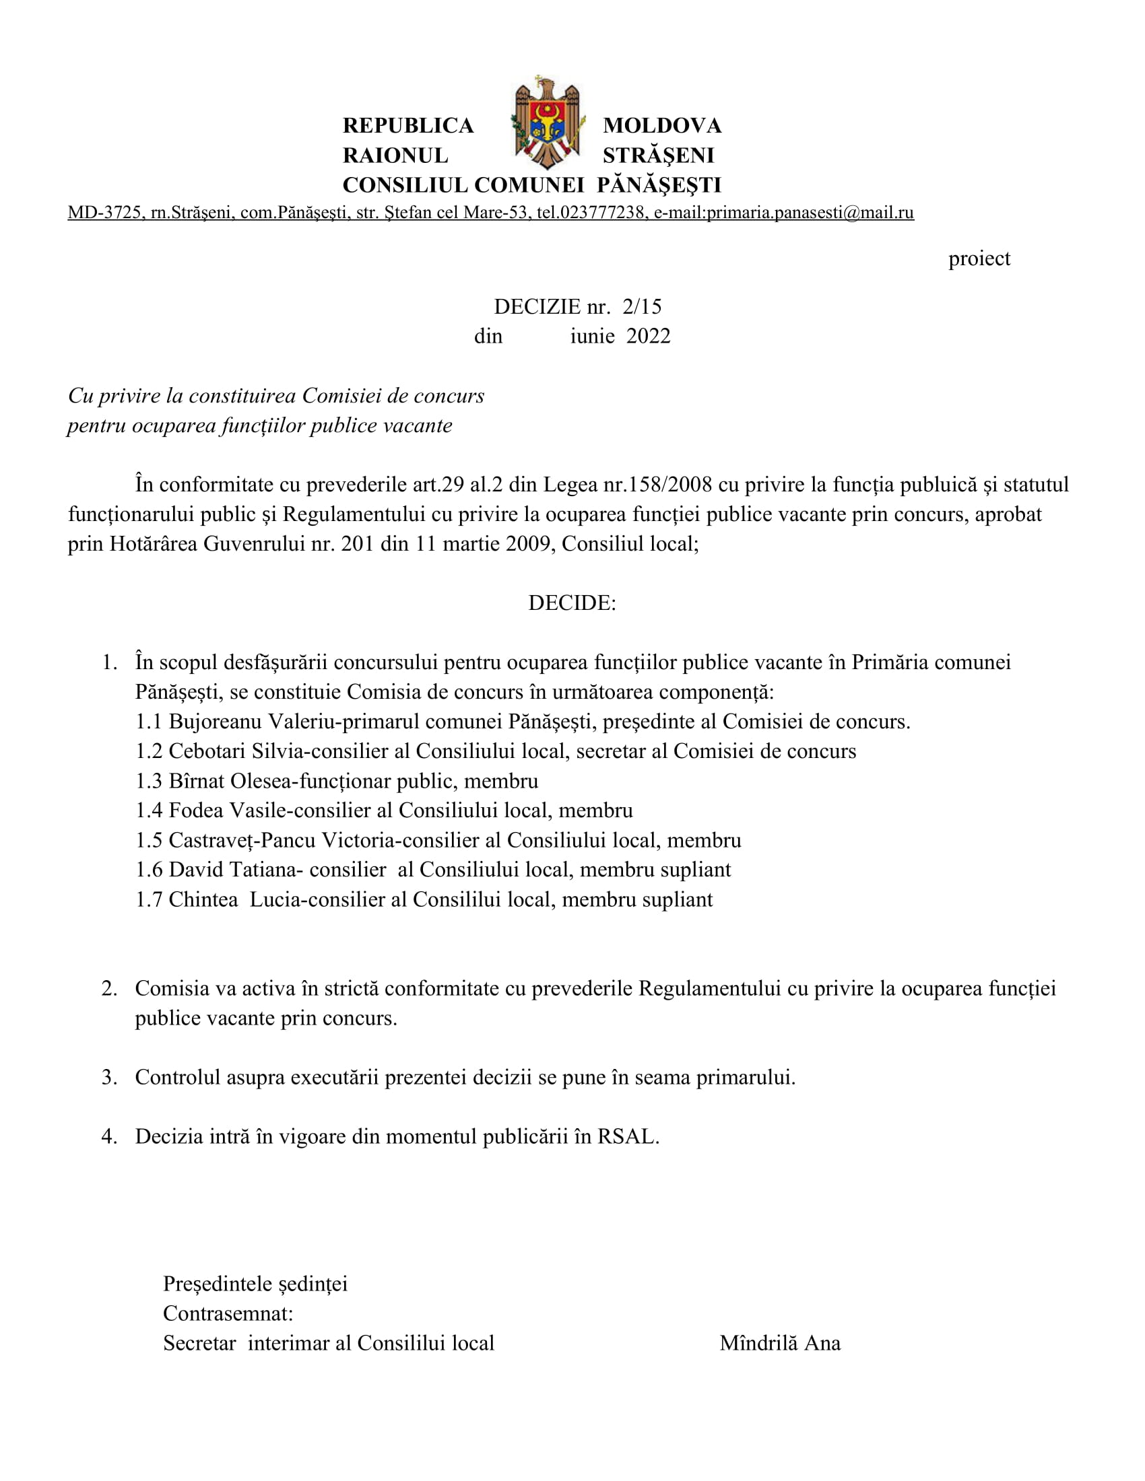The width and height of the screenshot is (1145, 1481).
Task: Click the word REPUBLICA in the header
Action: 407,125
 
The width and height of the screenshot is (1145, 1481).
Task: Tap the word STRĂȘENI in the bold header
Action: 658,156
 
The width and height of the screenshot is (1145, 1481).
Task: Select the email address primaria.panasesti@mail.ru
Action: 810,213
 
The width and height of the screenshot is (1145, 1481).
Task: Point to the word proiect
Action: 979,259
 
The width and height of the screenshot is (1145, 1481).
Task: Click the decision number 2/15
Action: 642,306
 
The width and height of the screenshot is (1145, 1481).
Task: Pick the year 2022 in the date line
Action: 648,337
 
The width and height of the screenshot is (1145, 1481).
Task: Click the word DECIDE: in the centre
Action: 572,603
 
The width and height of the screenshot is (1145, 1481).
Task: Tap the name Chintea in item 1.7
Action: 203,900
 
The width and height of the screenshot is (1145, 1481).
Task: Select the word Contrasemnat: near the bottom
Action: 228,1313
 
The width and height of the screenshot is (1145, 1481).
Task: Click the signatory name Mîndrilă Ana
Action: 779,1344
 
